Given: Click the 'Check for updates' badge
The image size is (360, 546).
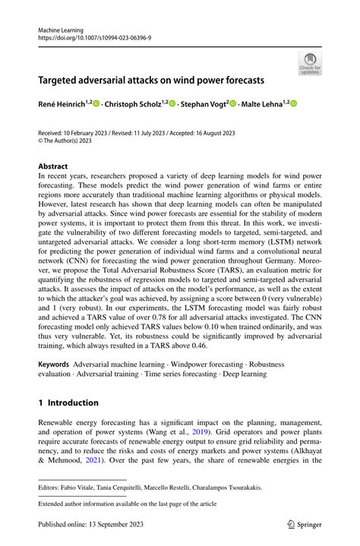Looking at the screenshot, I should click(310, 64).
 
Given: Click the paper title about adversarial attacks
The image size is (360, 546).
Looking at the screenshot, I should click(152, 79).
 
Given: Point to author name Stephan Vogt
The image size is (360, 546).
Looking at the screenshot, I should click(203, 104).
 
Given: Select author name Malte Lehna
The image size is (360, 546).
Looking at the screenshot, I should click(261, 104).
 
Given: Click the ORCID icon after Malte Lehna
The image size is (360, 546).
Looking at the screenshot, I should click(294, 104).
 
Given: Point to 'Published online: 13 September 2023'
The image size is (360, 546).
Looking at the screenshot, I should click(91, 523).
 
